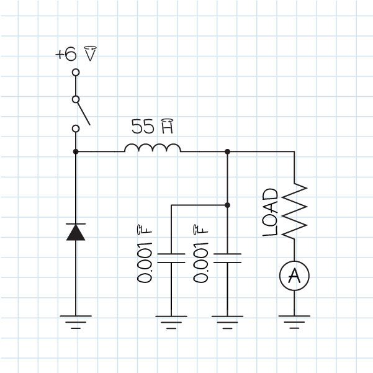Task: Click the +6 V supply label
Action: [x=76, y=55]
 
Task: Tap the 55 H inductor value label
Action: [x=151, y=127]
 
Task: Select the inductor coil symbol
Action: [x=153, y=148]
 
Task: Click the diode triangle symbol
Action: [x=76, y=231]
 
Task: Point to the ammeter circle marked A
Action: [x=294, y=276]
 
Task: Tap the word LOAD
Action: [x=269, y=212]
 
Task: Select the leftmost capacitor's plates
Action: [x=171, y=258]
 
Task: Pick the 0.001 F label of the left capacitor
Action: [x=145, y=254]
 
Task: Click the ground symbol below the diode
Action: [x=76, y=321]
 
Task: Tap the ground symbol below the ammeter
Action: [x=294, y=321]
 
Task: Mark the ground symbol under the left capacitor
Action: [x=171, y=321]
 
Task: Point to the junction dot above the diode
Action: [x=76, y=151]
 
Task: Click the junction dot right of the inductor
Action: [x=227, y=151]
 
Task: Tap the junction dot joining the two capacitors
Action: [x=227, y=205]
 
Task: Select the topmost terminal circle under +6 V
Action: [x=76, y=72]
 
